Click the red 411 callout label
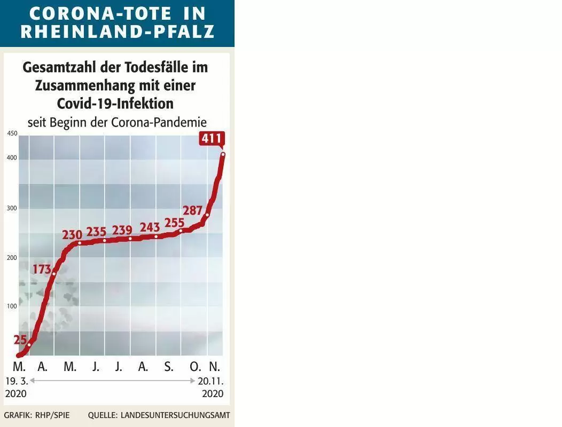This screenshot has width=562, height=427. (212, 138)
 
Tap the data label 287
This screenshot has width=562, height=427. (193, 210)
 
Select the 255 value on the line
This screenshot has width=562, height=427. (174, 223)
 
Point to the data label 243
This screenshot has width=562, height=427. (150, 227)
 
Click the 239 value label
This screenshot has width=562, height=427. (122, 230)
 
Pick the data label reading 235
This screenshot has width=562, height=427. (96, 232)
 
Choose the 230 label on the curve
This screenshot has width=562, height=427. (73, 235)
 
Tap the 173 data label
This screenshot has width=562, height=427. (42, 269)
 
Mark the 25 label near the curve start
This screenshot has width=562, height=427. (20, 339)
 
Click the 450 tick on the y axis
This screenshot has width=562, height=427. (12, 133)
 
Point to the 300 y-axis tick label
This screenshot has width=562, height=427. (12, 208)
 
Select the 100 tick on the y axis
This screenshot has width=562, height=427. (12, 306)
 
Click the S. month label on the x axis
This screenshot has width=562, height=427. (169, 367)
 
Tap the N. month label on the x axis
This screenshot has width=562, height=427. (214, 367)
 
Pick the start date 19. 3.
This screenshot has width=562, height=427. (17, 381)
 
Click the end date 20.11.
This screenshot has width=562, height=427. (210, 381)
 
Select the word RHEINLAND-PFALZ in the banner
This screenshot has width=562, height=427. (118, 31)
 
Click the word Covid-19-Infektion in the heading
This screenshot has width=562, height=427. (115, 104)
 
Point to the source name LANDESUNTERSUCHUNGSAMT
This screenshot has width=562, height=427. (175, 415)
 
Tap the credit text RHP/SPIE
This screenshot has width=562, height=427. (52, 415)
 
